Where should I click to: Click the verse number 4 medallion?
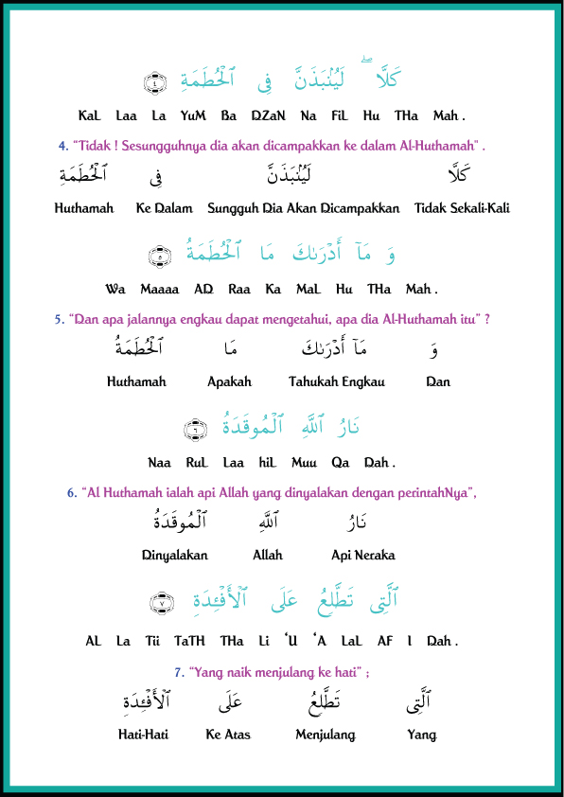[156, 81]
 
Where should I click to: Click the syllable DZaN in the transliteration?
[264, 115]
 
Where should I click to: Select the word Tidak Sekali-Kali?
[462, 208]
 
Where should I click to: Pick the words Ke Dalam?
[164, 208]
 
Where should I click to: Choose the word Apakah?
[230, 382]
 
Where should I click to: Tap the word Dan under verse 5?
[438, 382]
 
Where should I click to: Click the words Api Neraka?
[363, 556]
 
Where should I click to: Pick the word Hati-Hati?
[143, 735]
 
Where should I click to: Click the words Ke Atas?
[228, 735]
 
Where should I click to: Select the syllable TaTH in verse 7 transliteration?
[187, 641]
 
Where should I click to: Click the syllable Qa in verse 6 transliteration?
[340, 463]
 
